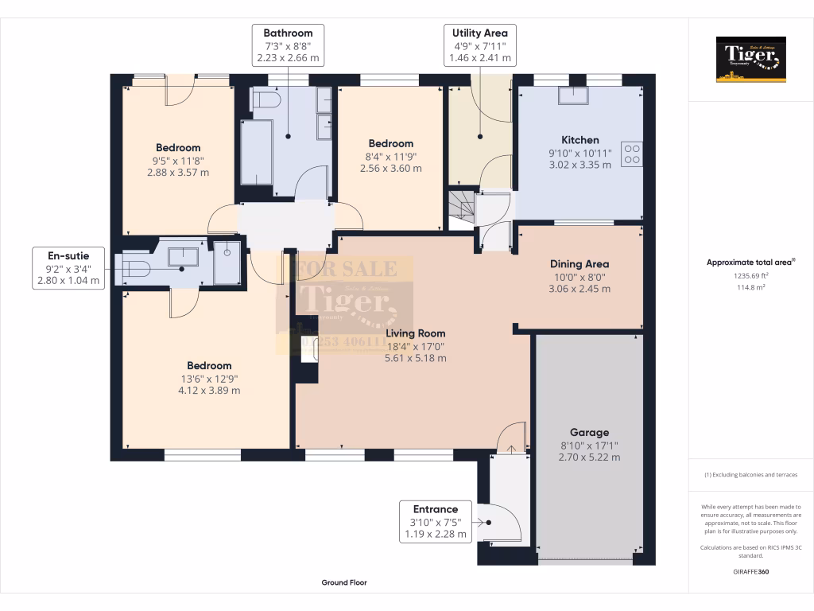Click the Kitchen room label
click(x=579, y=140)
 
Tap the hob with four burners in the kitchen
click(x=633, y=153)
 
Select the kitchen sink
click(x=574, y=95)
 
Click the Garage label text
click(x=589, y=433)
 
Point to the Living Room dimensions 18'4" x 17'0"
click(x=415, y=346)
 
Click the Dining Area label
click(x=579, y=264)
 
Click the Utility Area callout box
click(x=479, y=45)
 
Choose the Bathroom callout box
click(x=288, y=45)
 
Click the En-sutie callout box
click(x=68, y=267)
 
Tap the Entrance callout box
click(x=435, y=522)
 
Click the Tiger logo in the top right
click(x=750, y=59)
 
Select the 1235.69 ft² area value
click(x=750, y=274)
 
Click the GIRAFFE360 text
click(x=750, y=571)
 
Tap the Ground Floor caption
click(x=344, y=582)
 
